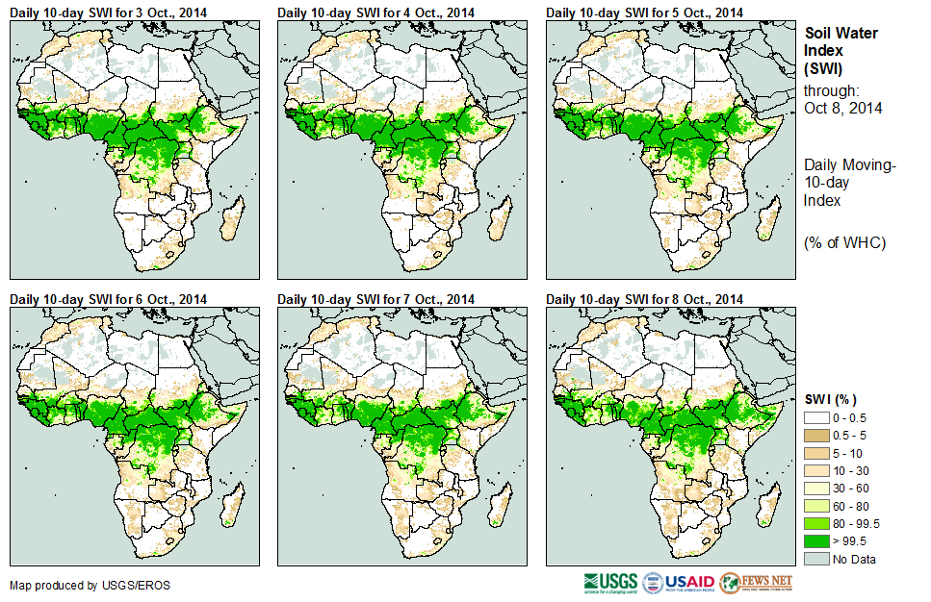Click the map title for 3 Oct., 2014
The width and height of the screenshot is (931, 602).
pyautogui.click(x=108, y=13)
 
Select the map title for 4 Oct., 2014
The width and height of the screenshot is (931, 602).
pyautogui.click(x=376, y=13)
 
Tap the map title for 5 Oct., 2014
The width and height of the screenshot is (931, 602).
pyautogui.click(x=644, y=13)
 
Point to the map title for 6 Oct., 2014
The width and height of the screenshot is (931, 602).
pyautogui.click(x=108, y=299)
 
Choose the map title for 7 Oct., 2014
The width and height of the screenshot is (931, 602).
pyautogui.click(x=376, y=299)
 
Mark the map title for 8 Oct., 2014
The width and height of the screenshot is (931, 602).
pyautogui.click(x=644, y=299)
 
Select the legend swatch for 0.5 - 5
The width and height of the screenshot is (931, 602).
pyautogui.click(x=816, y=437)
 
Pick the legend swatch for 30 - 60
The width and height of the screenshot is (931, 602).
pyautogui.click(x=816, y=489)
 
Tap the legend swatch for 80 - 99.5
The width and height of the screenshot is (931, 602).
pyautogui.click(x=816, y=523)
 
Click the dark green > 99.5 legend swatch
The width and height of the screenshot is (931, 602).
pyautogui.click(x=816, y=540)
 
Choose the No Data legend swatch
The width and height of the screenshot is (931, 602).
pyautogui.click(x=816, y=559)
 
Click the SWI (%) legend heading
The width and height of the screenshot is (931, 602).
pyautogui.click(x=831, y=399)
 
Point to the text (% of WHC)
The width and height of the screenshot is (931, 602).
pyautogui.click(x=844, y=242)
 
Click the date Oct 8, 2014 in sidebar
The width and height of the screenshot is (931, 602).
pyautogui.click(x=842, y=108)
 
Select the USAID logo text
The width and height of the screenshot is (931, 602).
pyautogui.click(x=689, y=583)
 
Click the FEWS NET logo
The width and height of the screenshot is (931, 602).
pyautogui.click(x=757, y=583)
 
